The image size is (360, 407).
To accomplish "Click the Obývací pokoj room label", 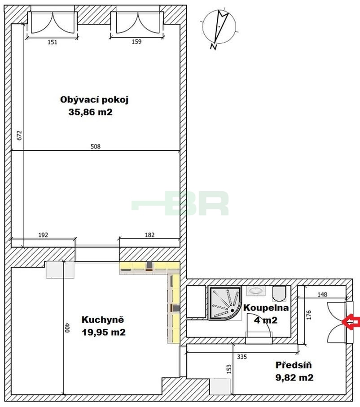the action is coord(94,100).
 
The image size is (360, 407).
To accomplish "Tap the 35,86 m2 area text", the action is coord(90,112).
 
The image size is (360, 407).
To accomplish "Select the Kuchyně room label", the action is coord(103,320).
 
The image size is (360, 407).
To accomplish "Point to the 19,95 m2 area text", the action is coord(104,332).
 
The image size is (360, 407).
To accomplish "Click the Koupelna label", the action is coord(266,308).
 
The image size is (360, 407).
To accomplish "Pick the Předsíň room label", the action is coord(294,365).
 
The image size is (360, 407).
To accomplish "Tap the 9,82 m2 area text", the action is coord(294,377).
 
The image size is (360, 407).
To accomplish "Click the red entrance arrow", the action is coord(351,322).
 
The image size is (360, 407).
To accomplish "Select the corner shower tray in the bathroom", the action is coord(225,303).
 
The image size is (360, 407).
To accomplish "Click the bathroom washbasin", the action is coord(256,290).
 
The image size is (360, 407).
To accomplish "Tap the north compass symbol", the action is coord(219,27).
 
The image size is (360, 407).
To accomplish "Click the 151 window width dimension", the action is coord(52,42).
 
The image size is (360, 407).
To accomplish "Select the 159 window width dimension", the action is coord(136,42).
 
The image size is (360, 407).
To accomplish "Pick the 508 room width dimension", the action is coord(95,147).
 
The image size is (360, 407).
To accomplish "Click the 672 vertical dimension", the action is coord(19,135).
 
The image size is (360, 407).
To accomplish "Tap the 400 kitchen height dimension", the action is coord(67,328).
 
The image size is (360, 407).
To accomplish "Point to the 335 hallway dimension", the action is coord(242,357).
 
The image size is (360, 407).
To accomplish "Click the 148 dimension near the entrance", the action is coord(322,294).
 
